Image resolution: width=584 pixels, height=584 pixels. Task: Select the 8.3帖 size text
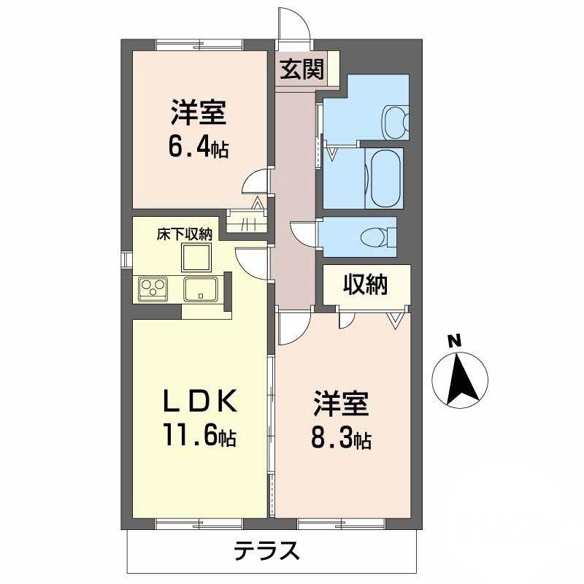pyautogui.click(x=342, y=438)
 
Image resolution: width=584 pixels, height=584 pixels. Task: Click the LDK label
pyautogui.click(x=198, y=401)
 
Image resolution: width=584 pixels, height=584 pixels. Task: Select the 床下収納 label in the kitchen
pyautogui.click(x=185, y=235)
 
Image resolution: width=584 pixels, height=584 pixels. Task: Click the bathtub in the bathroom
pyautogui.click(x=384, y=178)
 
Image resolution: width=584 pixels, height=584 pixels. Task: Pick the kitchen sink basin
pyautogui.click(x=199, y=289)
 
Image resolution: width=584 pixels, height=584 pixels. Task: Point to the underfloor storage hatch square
pyautogui.click(x=196, y=257)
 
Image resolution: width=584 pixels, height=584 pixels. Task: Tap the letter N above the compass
pyautogui.click(x=455, y=340)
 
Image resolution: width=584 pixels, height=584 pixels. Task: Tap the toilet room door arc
pyautogui.click(x=302, y=233)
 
